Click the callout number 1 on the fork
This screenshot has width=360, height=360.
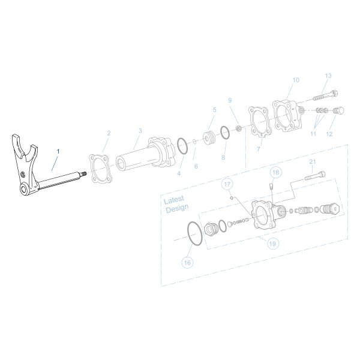pyautogui.click(x=58, y=150)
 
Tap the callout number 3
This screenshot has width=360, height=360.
pyautogui.click(x=140, y=131)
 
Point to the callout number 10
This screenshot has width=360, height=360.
pyautogui.click(x=295, y=80)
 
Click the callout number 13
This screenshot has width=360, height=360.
pyautogui.click(x=328, y=76)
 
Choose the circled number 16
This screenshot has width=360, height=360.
pyautogui.click(x=187, y=262)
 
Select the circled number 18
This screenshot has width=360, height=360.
pyautogui.click(x=275, y=172)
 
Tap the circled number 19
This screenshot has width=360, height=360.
pyautogui.click(x=272, y=244)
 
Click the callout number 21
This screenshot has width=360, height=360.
pyautogui.click(x=312, y=161)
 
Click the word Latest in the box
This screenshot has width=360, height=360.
pyautogui.click(x=175, y=199)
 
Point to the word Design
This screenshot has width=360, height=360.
pyautogui.click(x=177, y=208)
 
